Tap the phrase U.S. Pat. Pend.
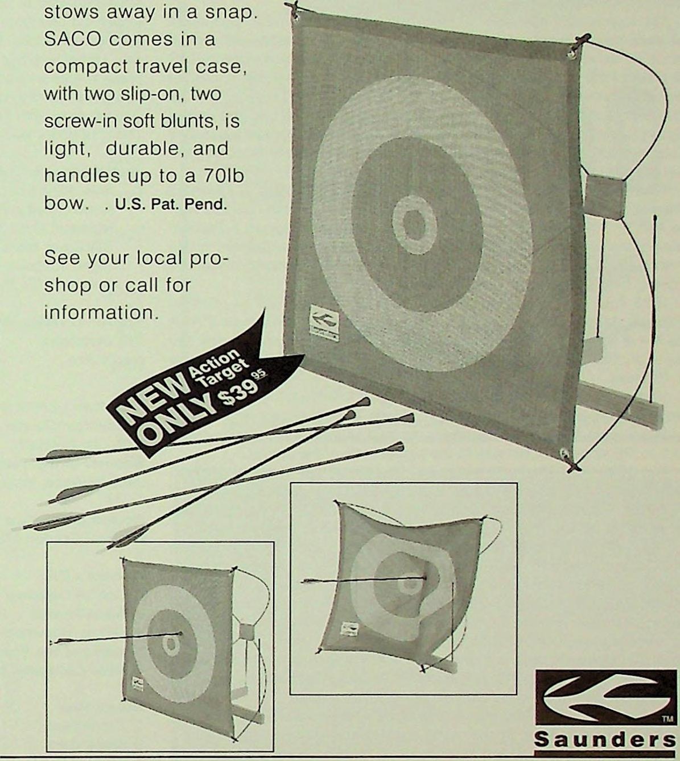pyautogui.click(x=171, y=204)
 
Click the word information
pyautogui.click(x=100, y=313)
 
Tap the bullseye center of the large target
pyautogui.click(x=414, y=224)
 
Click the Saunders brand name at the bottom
pyautogui.click(x=604, y=740)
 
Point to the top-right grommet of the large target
pyautogui.click(x=571, y=54)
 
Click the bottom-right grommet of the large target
pyautogui.click(x=564, y=454)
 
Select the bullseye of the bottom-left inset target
pyautogui.click(x=170, y=644)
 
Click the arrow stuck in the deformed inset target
pyautogui.click(x=364, y=580)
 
